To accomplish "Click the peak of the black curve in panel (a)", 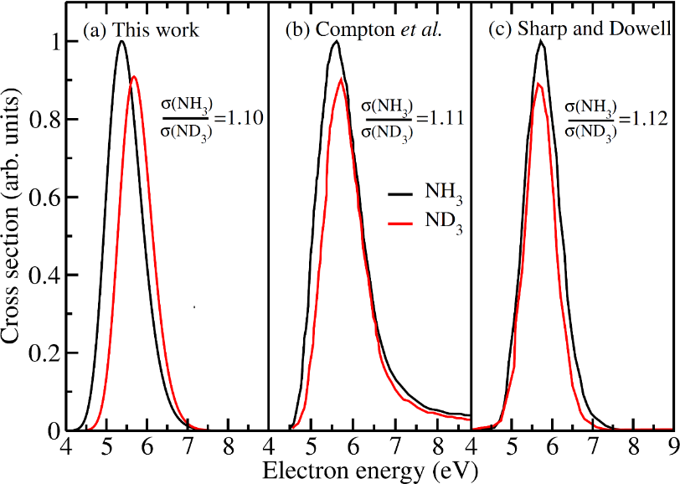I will (121, 41).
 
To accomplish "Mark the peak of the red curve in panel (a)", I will (134, 77).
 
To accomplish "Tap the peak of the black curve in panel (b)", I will (335, 41).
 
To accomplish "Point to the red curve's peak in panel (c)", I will (538, 83).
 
